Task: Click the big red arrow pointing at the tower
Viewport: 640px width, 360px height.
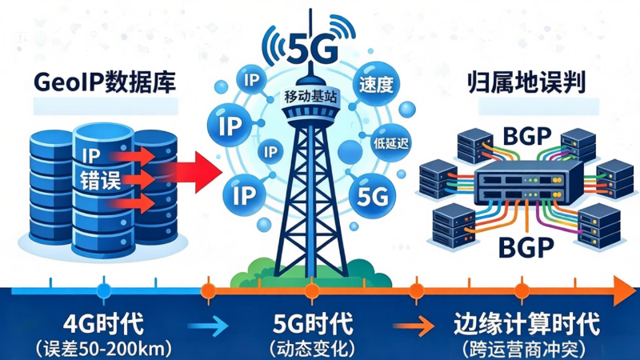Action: click(196, 168)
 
